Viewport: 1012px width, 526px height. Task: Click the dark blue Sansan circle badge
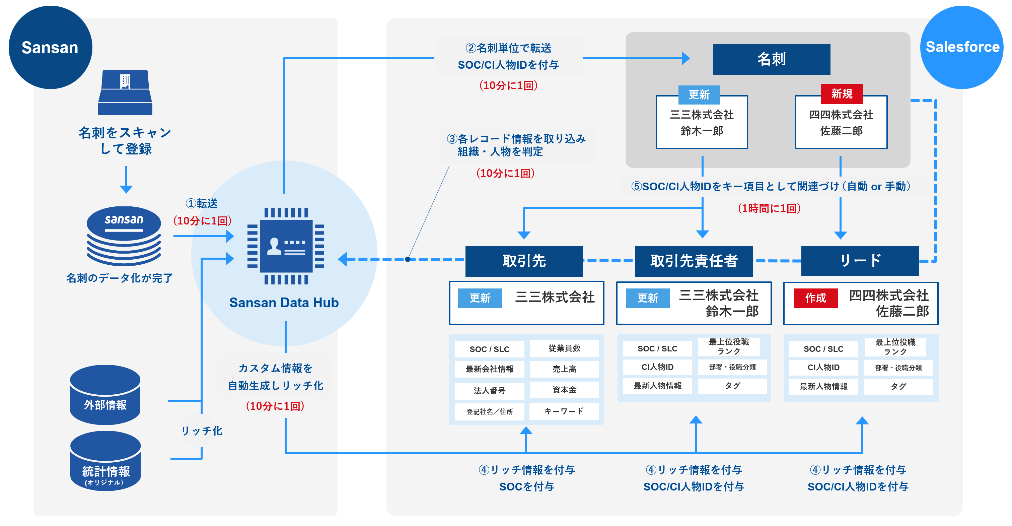click(x=50, y=47)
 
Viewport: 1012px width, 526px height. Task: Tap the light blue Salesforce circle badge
click(x=962, y=47)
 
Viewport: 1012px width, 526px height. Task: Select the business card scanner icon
click(x=125, y=92)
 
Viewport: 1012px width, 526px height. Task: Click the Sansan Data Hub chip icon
click(x=286, y=246)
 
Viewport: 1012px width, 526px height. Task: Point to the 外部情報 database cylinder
click(x=105, y=395)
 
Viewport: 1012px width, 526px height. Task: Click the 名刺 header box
click(x=771, y=59)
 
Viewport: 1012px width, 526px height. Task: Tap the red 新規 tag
click(x=842, y=93)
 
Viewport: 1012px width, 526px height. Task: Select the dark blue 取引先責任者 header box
click(x=694, y=261)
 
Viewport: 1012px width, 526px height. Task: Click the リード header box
click(x=860, y=261)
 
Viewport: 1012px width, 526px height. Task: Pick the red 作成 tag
click(x=815, y=298)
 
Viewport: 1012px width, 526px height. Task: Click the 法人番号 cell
click(x=489, y=390)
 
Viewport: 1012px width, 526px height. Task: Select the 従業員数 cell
click(x=564, y=348)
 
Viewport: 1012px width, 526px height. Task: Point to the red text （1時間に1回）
click(x=769, y=208)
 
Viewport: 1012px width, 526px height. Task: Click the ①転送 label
click(x=202, y=203)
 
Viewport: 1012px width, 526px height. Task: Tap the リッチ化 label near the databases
click(x=202, y=431)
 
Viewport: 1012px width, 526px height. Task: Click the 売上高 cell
click(x=564, y=369)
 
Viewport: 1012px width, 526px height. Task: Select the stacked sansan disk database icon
click(x=124, y=236)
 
